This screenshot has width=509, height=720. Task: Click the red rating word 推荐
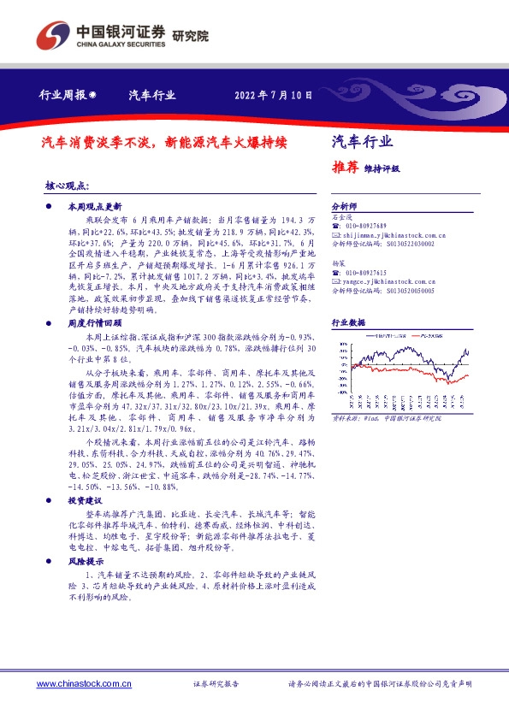(x=344, y=168)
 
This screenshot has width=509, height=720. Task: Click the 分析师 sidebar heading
(x=343, y=207)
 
